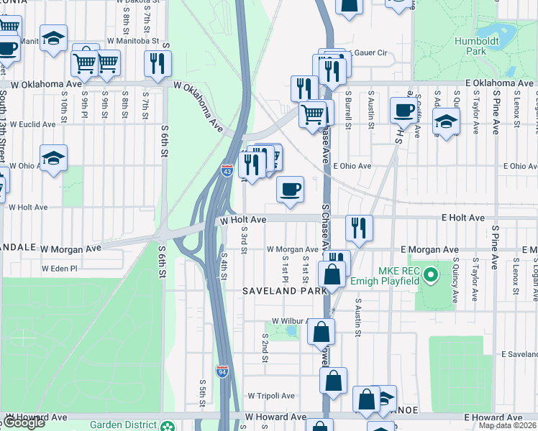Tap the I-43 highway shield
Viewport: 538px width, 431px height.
(227, 170)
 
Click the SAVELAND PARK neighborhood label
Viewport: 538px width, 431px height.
(285, 290)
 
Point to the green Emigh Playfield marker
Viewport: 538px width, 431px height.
(431, 274)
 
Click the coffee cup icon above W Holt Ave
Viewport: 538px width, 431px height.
(290, 190)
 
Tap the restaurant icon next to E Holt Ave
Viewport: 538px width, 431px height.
(358, 228)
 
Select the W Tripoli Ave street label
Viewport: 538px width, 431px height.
(271, 396)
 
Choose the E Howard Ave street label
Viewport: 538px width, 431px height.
(493, 417)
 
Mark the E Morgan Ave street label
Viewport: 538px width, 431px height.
(431, 250)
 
